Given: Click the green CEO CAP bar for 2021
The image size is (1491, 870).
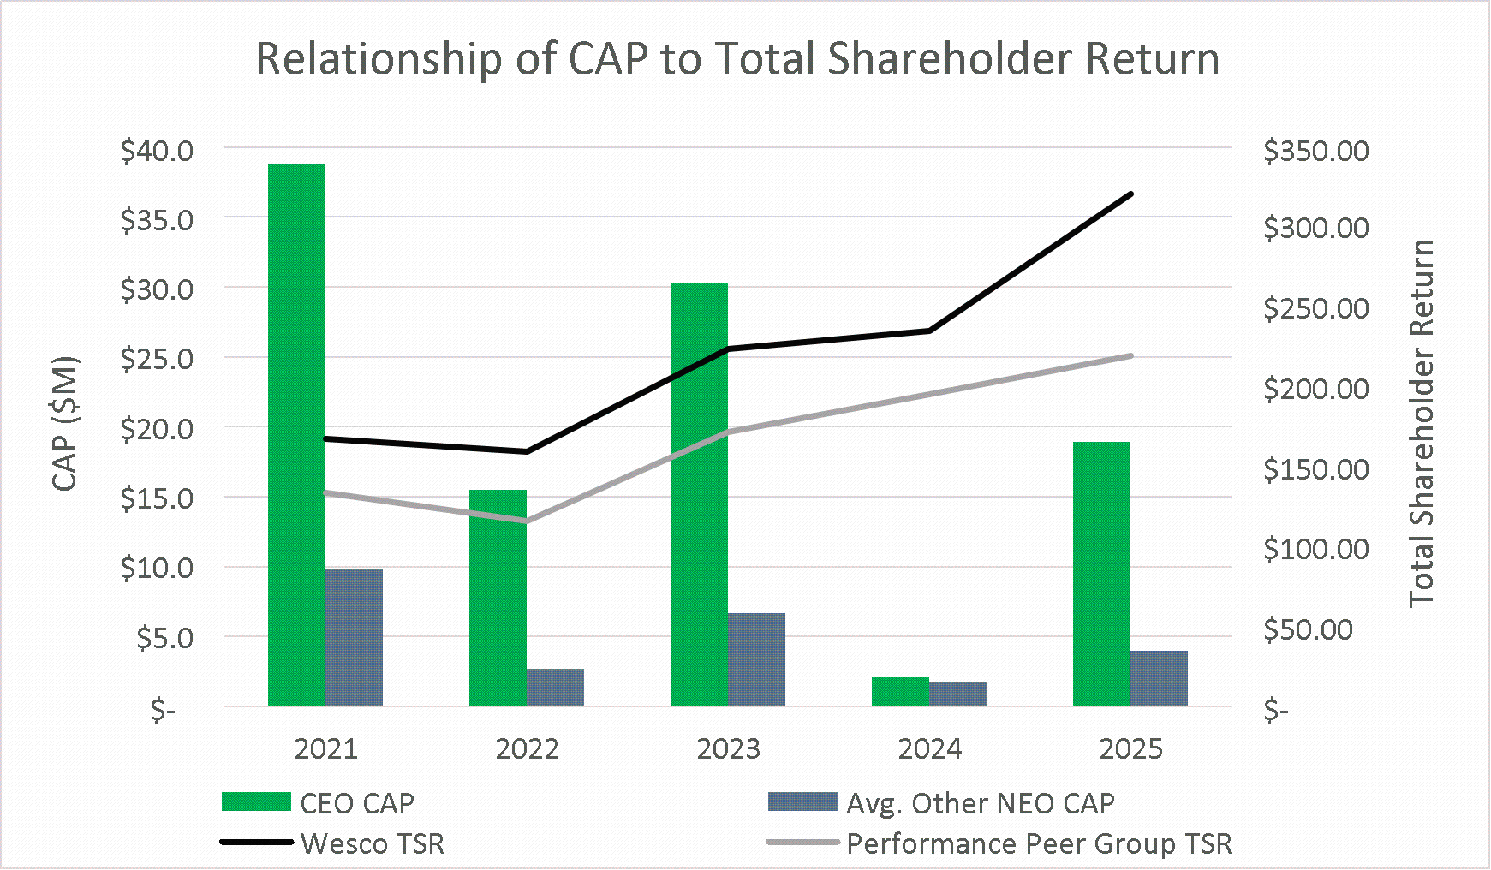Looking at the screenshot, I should tap(296, 434).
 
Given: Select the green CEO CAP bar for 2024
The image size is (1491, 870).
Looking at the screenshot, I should tap(900, 692).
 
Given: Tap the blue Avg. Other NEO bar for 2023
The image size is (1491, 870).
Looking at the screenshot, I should tap(756, 659).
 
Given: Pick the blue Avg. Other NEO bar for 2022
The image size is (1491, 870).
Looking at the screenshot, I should tap(555, 688).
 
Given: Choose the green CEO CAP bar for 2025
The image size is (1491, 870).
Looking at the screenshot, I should tap(1101, 574).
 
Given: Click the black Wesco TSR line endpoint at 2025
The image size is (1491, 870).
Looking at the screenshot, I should tap(1131, 194).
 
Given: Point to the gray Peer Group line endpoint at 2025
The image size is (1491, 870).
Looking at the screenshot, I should tap(1131, 355).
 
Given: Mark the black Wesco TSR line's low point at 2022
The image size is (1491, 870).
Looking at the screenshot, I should tap(527, 451).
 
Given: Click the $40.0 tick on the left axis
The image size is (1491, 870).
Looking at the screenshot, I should tap(157, 151).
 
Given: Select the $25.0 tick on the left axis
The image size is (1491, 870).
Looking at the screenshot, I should tap(157, 359).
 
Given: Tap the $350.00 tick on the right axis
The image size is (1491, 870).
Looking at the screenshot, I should tap(1315, 151).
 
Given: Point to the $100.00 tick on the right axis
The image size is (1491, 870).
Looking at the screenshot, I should tap(1315, 549).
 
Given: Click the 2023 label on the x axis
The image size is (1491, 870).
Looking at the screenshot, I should tap(728, 749).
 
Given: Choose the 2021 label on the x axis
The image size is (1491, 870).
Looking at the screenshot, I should tap(325, 749).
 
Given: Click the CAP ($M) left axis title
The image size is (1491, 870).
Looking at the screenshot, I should tap(66, 424).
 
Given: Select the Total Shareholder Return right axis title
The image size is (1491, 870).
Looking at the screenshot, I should tap(1422, 424).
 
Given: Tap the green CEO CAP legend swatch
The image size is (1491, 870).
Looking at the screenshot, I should tap(256, 802).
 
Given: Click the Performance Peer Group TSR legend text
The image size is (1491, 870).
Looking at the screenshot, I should tap(1039, 844).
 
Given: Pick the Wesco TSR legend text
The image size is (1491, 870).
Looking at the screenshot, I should tap(373, 844).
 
